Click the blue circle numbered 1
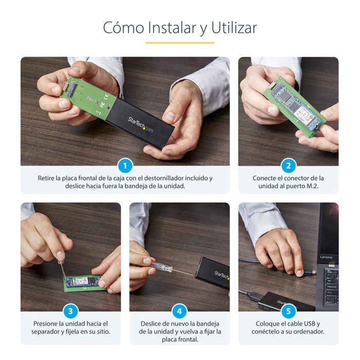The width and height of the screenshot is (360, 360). (x=125, y=166)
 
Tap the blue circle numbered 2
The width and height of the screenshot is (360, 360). (x=289, y=166)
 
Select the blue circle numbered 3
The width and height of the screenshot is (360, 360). (x=70, y=311)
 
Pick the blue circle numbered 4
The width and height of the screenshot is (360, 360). (x=179, y=311)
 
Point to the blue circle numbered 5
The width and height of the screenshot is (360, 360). (x=289, y=311)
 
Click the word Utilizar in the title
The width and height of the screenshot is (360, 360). (x=229, y=27)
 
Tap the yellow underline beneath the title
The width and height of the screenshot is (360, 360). (x=179, y=43)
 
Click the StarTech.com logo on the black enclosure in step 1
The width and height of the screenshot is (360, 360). (x=140, y=123)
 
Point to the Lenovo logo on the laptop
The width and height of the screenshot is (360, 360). (x=326, y=257)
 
